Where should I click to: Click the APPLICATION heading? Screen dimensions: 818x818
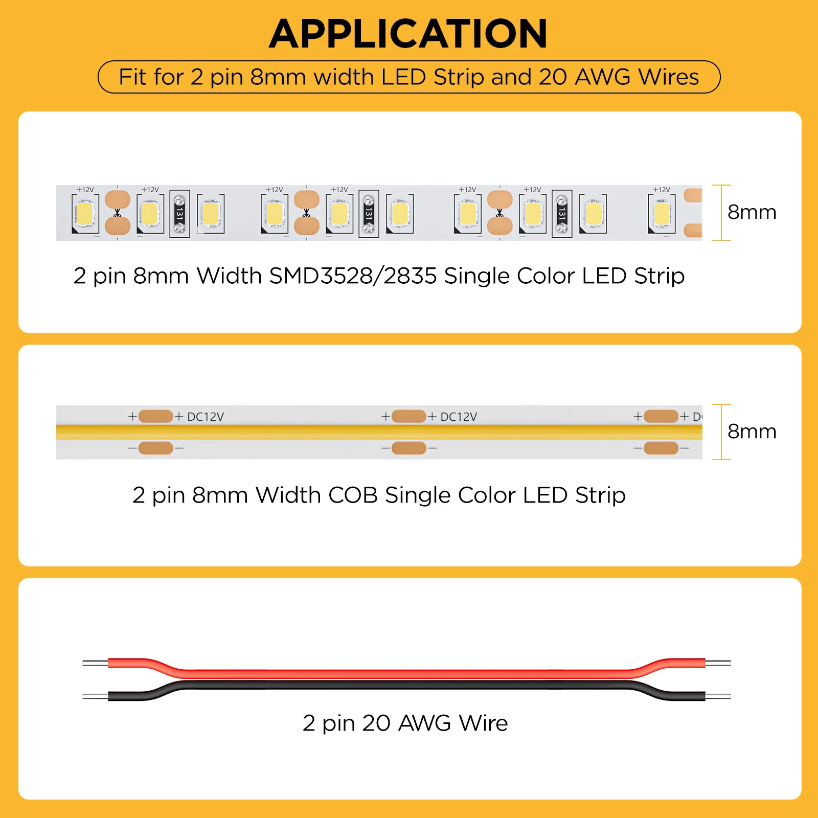(x=408, y=34)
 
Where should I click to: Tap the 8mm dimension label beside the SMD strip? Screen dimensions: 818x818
(x=752, y=212)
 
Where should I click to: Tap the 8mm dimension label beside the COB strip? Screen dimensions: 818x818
(x=752, y=431)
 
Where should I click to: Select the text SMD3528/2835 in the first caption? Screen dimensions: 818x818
(x=353, y=276)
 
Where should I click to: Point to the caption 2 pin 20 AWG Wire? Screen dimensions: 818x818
(x=405, y=723)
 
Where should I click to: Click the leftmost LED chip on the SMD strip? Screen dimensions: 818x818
(x=85, y=213)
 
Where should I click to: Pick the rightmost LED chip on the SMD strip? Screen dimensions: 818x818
(x=662, y=214)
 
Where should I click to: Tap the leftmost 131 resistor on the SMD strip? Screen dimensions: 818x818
(x=179, y=214)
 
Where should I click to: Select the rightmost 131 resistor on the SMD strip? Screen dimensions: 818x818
(x=562, y=214)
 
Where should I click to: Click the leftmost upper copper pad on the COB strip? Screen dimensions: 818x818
(x=155, y=416)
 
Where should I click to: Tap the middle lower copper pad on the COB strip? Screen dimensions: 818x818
(x=408, y=448)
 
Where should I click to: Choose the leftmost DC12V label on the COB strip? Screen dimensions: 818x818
(x=206, y=417)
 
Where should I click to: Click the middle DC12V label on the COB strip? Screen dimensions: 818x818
(x=459, y=417)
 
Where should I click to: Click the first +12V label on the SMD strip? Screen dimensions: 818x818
(x=85, y=190)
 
